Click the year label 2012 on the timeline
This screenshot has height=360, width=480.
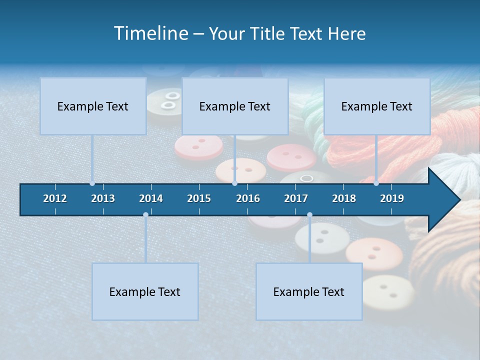[55, 198]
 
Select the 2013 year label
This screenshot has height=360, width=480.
[103, 198]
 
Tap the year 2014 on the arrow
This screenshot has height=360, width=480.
[151, 198]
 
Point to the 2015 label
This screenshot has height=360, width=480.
[199, 198]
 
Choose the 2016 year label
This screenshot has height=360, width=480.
[248, 198]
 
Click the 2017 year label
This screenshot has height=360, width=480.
[296, 198]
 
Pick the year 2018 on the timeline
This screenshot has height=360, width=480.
[344, 198]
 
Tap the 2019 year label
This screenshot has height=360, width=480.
[392, 198]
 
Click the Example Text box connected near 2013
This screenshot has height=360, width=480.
[93, 106]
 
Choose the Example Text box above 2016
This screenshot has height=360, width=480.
[235, 106]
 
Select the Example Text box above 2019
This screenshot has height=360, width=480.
[377, 106]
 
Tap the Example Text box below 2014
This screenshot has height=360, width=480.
[145, 291]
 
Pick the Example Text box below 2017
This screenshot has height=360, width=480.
[309, 291]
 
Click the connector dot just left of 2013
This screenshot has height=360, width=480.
[92, 183]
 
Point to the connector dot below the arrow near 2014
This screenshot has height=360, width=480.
[145, 215]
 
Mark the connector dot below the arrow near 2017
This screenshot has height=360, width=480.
[309, 215]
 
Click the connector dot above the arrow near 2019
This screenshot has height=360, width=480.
[376, 183]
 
